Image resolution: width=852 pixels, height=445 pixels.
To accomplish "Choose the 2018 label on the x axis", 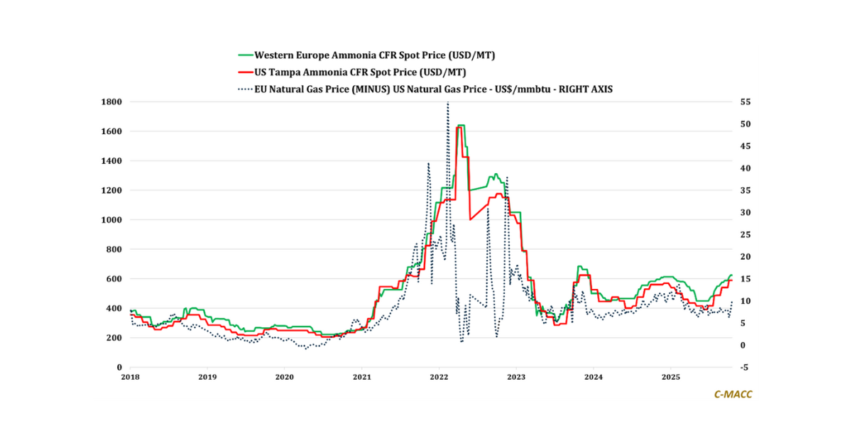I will [x=129, y=378].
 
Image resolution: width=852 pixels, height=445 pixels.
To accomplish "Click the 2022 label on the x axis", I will [x=439, y=378].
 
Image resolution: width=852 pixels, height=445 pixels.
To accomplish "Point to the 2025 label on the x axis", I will [x=671, y=378].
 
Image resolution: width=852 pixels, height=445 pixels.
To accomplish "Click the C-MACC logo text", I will [x=733, y=394].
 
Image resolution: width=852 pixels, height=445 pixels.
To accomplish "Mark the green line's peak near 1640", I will [x=461, y=125].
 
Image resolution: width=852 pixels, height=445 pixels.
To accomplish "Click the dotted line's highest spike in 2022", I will [x=447, y=104].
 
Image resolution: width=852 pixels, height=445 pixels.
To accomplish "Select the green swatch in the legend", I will [x=245, y=55].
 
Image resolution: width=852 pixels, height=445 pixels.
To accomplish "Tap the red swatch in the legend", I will [x=245, y=72].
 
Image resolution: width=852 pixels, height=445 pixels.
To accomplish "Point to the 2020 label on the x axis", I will [x=284, y=378].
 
